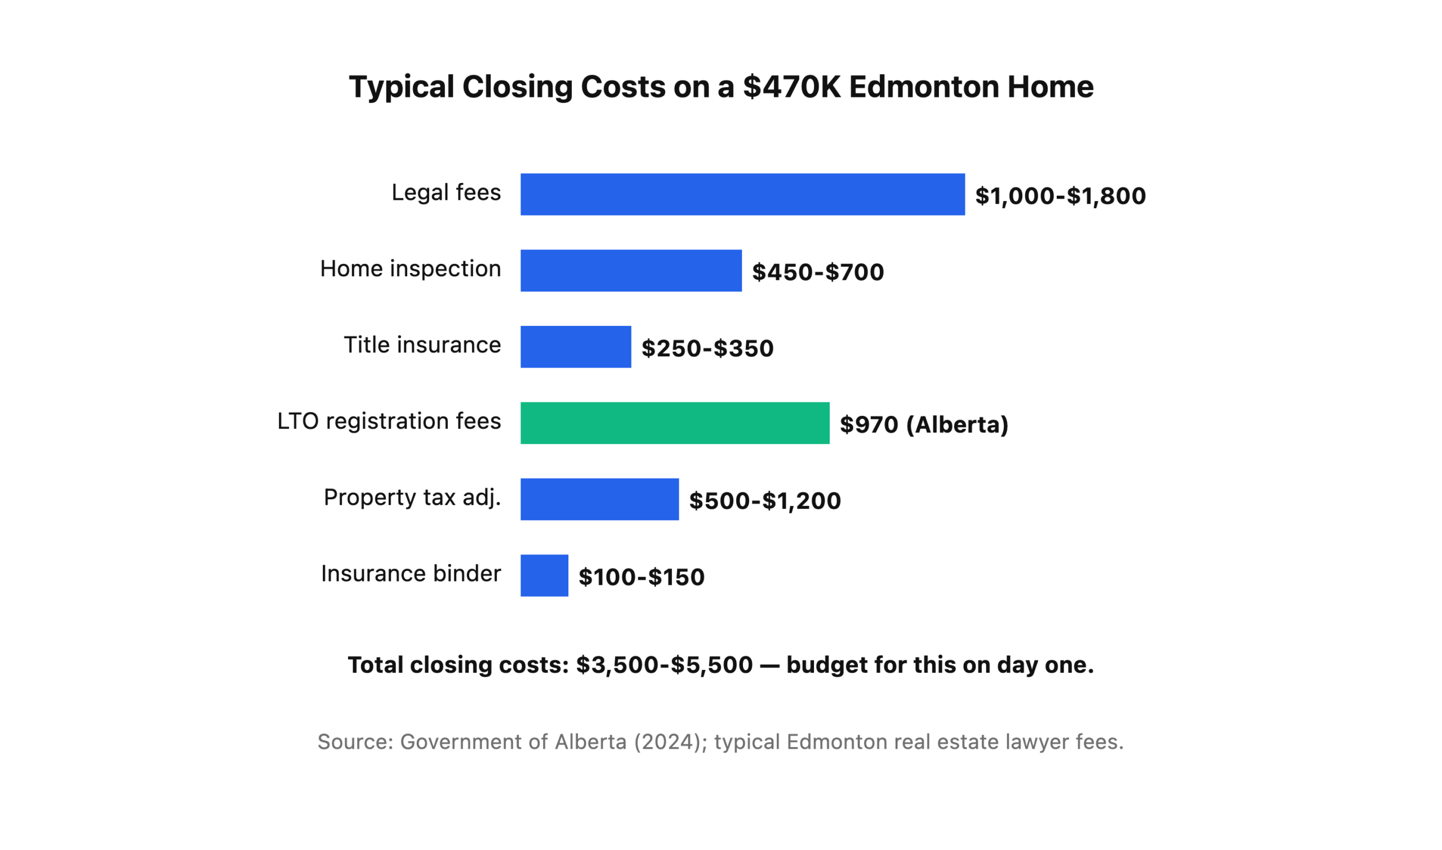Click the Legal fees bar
pos(742,195)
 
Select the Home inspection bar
pos(630,270)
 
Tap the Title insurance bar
pos(576,347)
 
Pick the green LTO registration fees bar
pos(675,423)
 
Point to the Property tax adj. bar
pos(599,499)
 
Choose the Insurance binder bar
pos(544,575)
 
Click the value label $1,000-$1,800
pos(1060,196)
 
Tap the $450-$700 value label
pos(817,272)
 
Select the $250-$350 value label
pos(707,348)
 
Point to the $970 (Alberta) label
pos(923,424)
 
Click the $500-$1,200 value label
pos(764,500)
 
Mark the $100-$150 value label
pos(641,577)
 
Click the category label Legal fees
pos(446,193)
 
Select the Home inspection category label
pos(411,269)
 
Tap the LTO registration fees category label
pos(389,421)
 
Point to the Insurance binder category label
pos(411,574)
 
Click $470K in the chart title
pos(791,87)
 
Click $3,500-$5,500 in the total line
pos(664,665)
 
